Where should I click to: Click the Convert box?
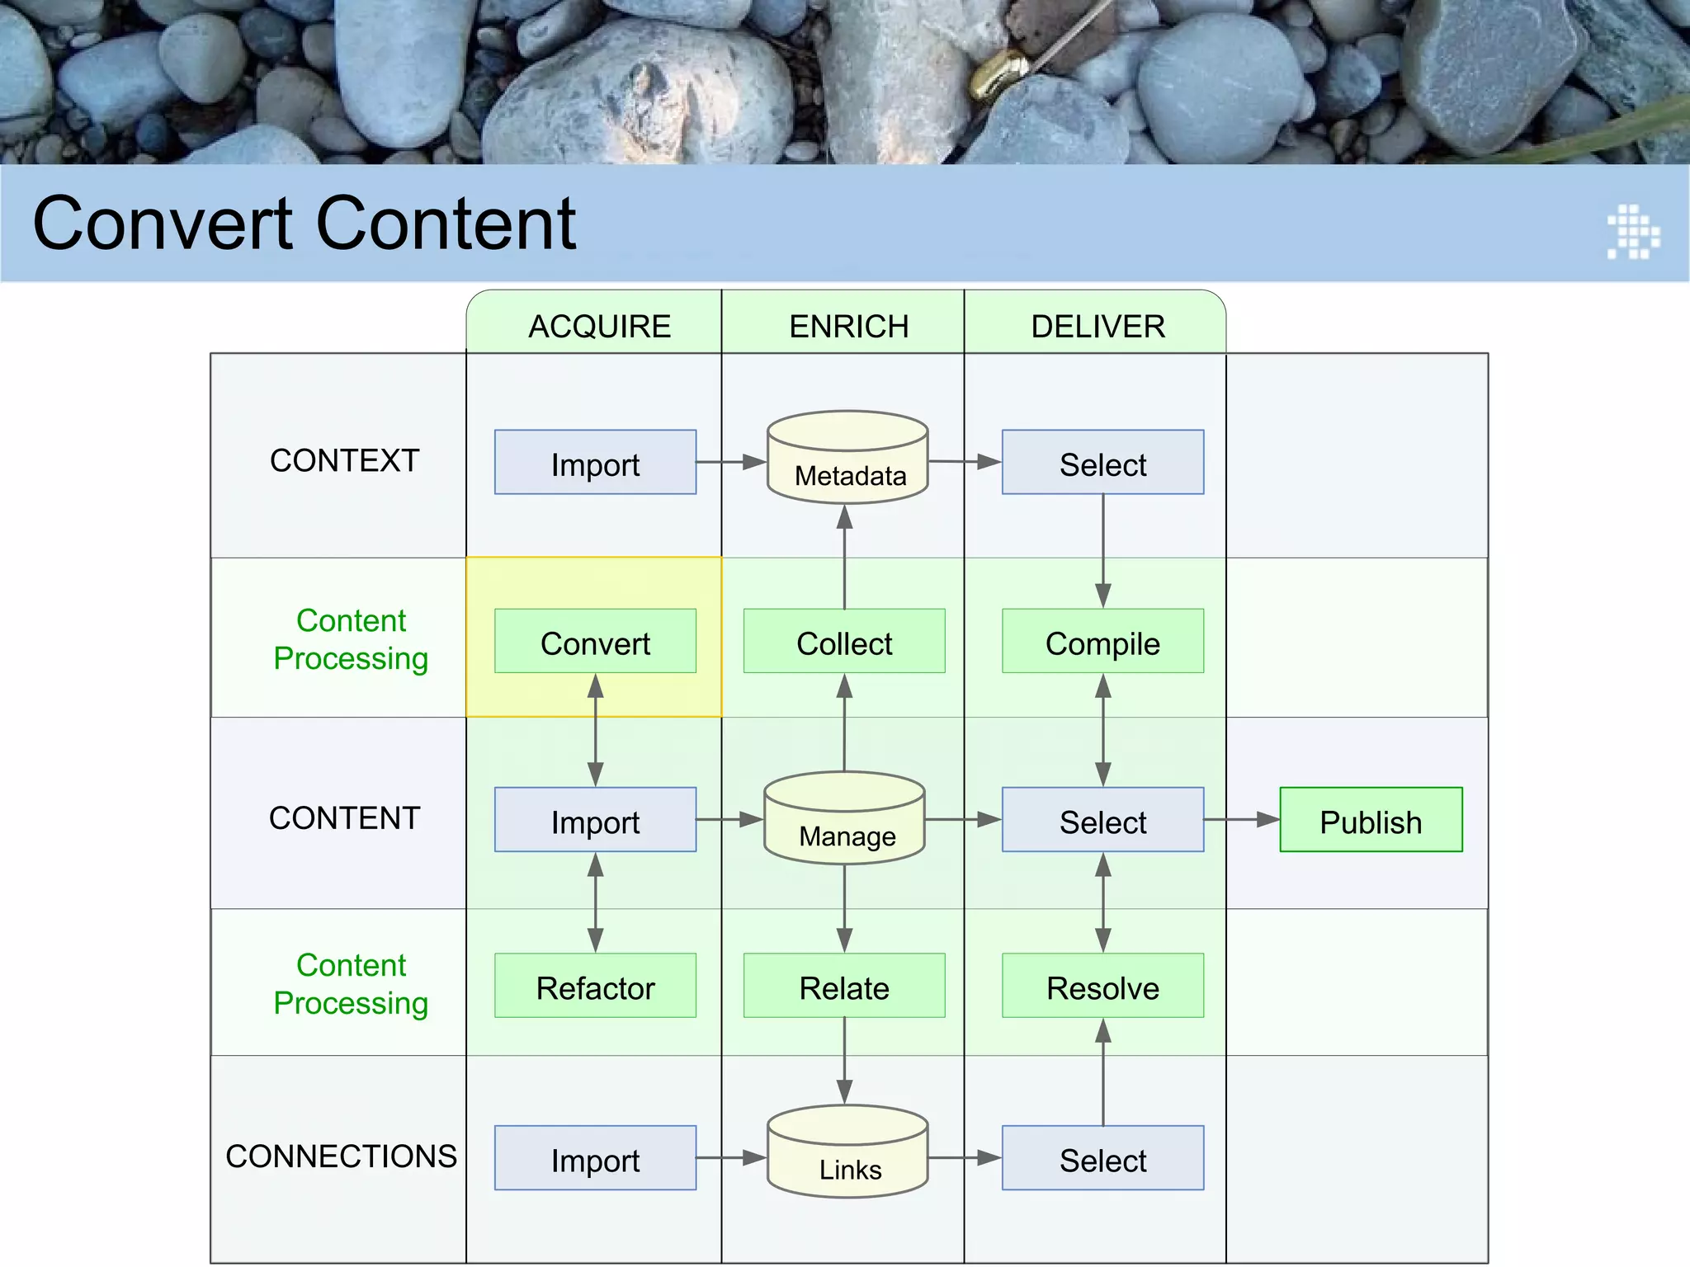coord(595,642)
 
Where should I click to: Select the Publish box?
coord(1371,820)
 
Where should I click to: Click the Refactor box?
coord(595,987)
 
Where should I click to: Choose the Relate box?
coord(844,987)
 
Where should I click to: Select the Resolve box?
coord(1102,987)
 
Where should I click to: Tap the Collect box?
coord(844,642)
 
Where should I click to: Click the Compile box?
coord(1102,642)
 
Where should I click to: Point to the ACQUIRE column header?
coord(599,326)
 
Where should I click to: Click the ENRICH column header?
coord(848,326)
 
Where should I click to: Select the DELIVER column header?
coord(1098,326)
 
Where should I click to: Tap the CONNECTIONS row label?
coord(341,1156)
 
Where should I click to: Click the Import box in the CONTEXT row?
coord(595,463)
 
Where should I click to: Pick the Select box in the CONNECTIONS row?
coord(1102,1158)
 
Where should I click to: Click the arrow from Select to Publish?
coord(1242,820)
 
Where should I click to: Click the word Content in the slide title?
coord(446,224)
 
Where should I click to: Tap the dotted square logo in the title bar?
coord(1633,232)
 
